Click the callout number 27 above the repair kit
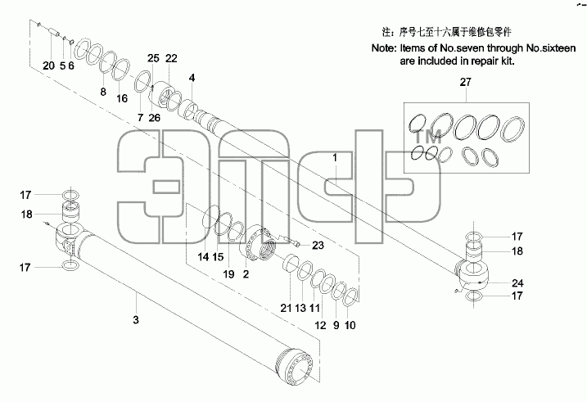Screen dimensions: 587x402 (465, 82)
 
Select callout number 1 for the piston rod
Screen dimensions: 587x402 (335, 158)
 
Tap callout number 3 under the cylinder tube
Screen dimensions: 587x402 (136, 320)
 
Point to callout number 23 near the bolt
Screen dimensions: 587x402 (318, 246)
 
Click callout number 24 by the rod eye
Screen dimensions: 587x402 (517, 283)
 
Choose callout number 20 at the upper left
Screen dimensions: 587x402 (48, 65)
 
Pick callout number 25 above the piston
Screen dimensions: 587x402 (153, 58)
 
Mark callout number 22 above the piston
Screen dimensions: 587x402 (171, 58)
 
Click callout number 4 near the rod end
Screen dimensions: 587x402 (192, 79)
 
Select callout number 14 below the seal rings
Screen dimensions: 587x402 (203, 257)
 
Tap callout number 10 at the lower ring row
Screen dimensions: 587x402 (350, 325)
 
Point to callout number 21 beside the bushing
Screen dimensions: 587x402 (286, 308)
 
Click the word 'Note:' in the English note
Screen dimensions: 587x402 (384, 48)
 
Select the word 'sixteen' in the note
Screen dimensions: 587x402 (558, 48)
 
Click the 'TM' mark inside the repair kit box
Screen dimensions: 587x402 (428, 138)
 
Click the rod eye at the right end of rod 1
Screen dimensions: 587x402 (473, 276)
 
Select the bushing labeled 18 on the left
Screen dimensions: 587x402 (70, 213)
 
